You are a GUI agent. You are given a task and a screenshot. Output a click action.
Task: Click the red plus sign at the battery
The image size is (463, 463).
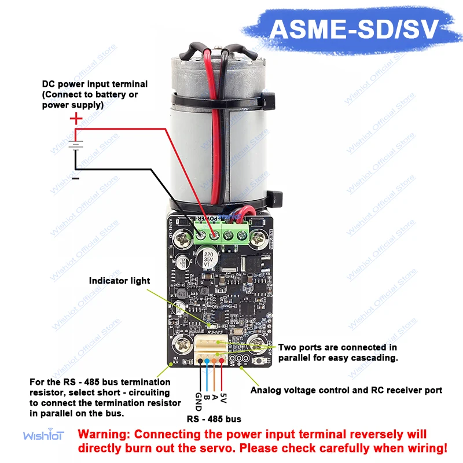[76, 120]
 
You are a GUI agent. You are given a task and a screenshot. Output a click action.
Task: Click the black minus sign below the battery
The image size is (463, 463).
[75, 179]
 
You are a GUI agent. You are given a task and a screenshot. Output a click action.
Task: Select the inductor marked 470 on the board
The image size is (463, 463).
[181, 293]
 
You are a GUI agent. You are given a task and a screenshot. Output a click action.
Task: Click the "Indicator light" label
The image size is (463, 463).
[119, 281]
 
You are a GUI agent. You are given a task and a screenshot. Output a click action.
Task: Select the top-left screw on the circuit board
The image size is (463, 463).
[185, 237]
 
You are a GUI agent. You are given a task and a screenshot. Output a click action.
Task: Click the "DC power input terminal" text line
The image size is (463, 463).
[95, 84]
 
